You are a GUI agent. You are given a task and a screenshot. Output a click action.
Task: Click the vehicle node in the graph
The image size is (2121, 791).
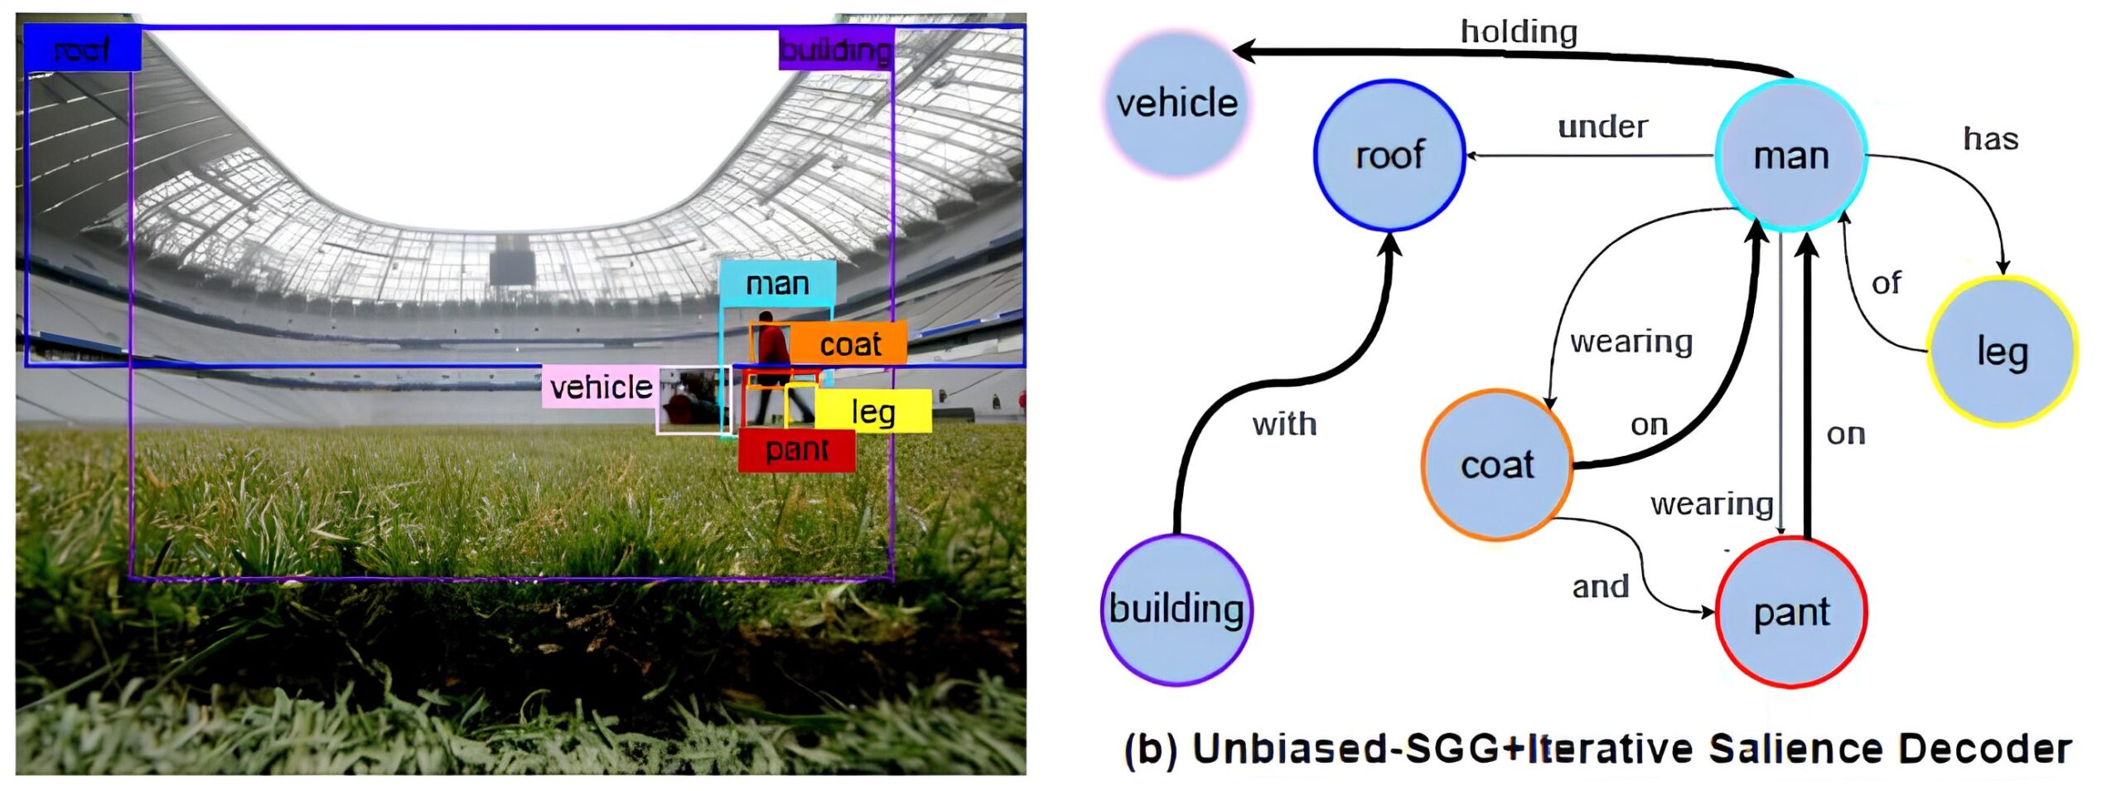tap(1176, 104)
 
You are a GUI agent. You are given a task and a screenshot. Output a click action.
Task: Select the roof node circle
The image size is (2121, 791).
tap(1389, 155)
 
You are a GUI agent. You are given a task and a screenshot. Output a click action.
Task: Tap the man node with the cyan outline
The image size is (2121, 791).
tap(1790, 156)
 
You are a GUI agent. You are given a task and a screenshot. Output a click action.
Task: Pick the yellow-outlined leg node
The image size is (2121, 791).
tap(2002, 352)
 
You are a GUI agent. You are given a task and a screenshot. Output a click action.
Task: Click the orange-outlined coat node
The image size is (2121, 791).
tap(1497, 464)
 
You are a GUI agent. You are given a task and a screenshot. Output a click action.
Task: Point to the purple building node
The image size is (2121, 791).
tap(1176, 609)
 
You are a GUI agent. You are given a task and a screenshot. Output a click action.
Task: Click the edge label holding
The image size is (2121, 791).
tap(1519, 32)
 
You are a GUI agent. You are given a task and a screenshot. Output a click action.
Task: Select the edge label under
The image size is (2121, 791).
tap(1602, 127)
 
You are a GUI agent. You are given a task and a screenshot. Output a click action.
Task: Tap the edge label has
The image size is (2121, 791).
tap(1990, 139)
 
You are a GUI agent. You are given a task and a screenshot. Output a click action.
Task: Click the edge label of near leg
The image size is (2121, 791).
tap(1886, 284)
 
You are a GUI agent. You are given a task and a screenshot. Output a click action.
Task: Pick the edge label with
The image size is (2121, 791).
tap(1284, 425)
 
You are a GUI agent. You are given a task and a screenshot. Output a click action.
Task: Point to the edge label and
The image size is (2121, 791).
tap(1600, 587)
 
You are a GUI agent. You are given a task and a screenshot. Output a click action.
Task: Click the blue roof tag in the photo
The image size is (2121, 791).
tap(82, 50)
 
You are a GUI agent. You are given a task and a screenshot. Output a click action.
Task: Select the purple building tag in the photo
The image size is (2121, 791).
tap(835, 51)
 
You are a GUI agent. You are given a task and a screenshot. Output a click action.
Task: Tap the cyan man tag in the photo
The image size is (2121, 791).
tap(777, 284)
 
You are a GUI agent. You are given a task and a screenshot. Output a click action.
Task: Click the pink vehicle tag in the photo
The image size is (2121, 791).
tap(601, 387)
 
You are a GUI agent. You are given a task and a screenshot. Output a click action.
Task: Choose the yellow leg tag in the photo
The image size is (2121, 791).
tap(873, 411)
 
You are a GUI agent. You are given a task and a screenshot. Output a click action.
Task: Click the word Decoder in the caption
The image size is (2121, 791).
tap(1984, 749)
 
